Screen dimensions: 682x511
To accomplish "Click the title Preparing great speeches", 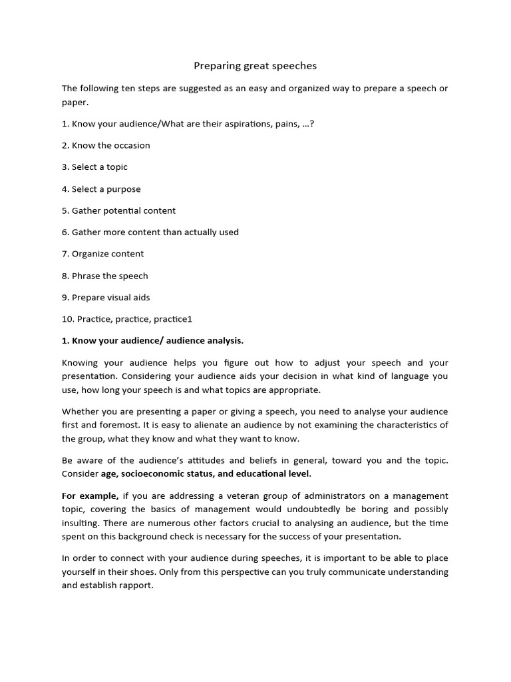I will [255, 65].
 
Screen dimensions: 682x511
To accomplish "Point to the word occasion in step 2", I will [130, 145].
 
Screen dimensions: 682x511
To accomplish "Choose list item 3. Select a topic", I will [94, 167].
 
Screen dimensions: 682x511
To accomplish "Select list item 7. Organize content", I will [102, 254].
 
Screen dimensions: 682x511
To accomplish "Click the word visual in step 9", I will [122, 297].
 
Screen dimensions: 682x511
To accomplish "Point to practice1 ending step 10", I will [172, 319].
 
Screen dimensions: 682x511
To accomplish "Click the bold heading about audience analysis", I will [152, 341].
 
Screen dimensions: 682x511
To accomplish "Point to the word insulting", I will [83, 523].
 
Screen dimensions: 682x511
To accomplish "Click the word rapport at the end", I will [135, 585].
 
